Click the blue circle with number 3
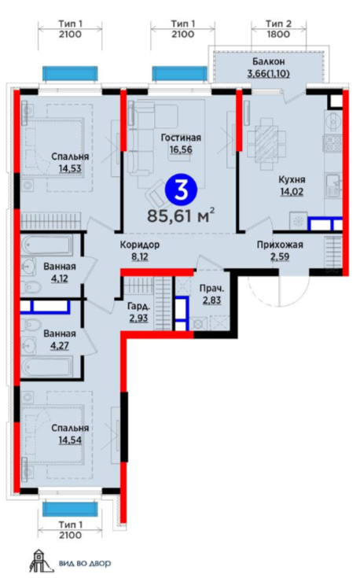coord(181,190)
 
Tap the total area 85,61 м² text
coord(181,215)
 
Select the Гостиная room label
coord(181,138)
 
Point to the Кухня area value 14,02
coord(291,192)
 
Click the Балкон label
coord(269,61)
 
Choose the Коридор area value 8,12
coord(140,256)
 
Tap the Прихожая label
coord(280,245)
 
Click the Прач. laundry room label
coord(211,289)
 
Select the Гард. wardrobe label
coord(138,306)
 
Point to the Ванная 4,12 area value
coord(60,278)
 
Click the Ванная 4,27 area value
coord(60,346)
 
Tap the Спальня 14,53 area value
coord(70,168)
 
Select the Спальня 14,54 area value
coord(70,440)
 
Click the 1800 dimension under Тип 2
coord(279,35)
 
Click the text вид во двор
coord(85,563)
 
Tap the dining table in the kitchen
coord(266,144)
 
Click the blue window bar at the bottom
coord(70,509)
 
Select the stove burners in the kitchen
coord(332,143)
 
